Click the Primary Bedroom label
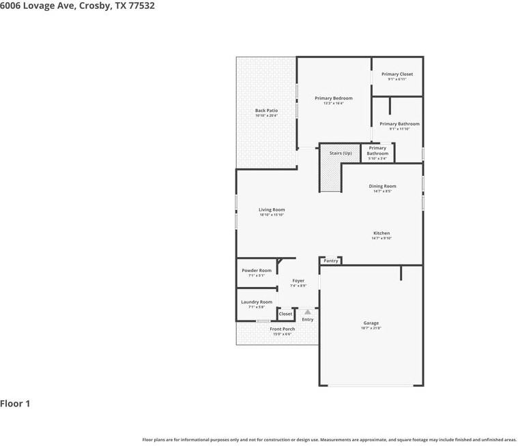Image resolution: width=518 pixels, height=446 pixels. [333, 98]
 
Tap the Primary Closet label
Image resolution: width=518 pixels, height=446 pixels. [397, 74]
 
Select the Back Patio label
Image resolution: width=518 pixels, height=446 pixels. [266, 110]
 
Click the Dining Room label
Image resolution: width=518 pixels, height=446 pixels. [382, 186]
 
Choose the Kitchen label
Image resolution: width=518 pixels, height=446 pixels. [382, 233]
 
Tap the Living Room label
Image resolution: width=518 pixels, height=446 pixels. [272, 210]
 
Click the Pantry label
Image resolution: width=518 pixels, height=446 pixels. [330, 261]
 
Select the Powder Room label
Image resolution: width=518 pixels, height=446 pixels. [257, 271]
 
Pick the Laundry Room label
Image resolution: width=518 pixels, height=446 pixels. [257, 302]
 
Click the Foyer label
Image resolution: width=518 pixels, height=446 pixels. [298, 280]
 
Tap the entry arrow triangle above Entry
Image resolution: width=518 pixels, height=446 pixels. [308, 312]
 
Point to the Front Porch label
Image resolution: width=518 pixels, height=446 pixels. [282, 329]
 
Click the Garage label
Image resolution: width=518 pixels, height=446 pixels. [371, 323]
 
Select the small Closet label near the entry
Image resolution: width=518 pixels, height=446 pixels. [285, 314]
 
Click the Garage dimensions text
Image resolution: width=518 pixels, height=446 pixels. [371, 329]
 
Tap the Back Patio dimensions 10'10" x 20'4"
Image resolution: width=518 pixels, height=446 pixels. [266, 116]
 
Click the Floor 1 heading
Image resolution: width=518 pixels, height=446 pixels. [15, 404]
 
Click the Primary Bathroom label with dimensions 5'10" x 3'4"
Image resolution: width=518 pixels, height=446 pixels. [377, 151]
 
